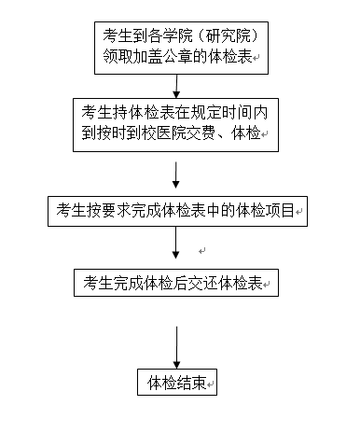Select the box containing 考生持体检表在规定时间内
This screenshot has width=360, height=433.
pos(176,123)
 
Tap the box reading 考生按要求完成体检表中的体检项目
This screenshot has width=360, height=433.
pos(177,211)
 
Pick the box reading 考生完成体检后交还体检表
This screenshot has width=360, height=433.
pos(177,283)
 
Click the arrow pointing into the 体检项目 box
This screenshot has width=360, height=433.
pos(176,175)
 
